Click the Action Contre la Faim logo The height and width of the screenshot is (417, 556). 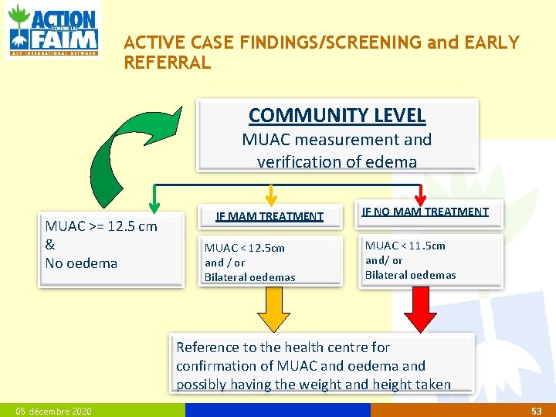pyautogui.click(x=53, y=29)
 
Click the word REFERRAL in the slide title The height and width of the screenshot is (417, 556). pyautogui.click(x=168, y=63)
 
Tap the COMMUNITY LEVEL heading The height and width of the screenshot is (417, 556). pyautogui.click(x=337, y=116)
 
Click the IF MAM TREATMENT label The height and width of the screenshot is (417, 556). pyautogui.click(x=270, y=217)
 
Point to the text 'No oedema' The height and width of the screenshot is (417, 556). pyautogui.click(x=81, y=263)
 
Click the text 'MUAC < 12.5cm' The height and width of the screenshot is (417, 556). pyautogui.click(x=244, y=248)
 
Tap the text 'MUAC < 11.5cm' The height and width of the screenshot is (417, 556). pyautogui.click(x=405, y=246)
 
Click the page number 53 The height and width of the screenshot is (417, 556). pyautogui.click(x=537, y=411)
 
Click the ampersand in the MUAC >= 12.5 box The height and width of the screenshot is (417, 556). pyautogui.click(x=50, y=245)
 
